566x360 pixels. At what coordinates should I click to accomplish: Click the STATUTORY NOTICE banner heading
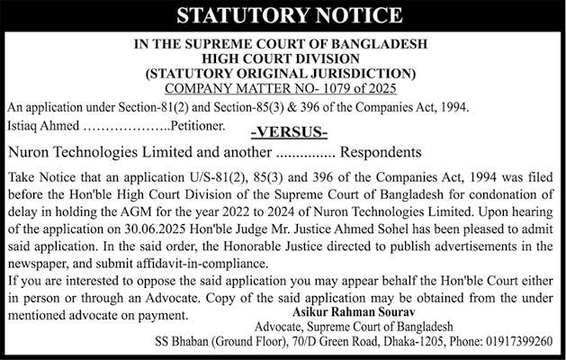click(283, 15)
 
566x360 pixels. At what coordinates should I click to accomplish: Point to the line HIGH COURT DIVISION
click(283, 58)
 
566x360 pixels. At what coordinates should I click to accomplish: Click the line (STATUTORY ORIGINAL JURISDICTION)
click(283, 72)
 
